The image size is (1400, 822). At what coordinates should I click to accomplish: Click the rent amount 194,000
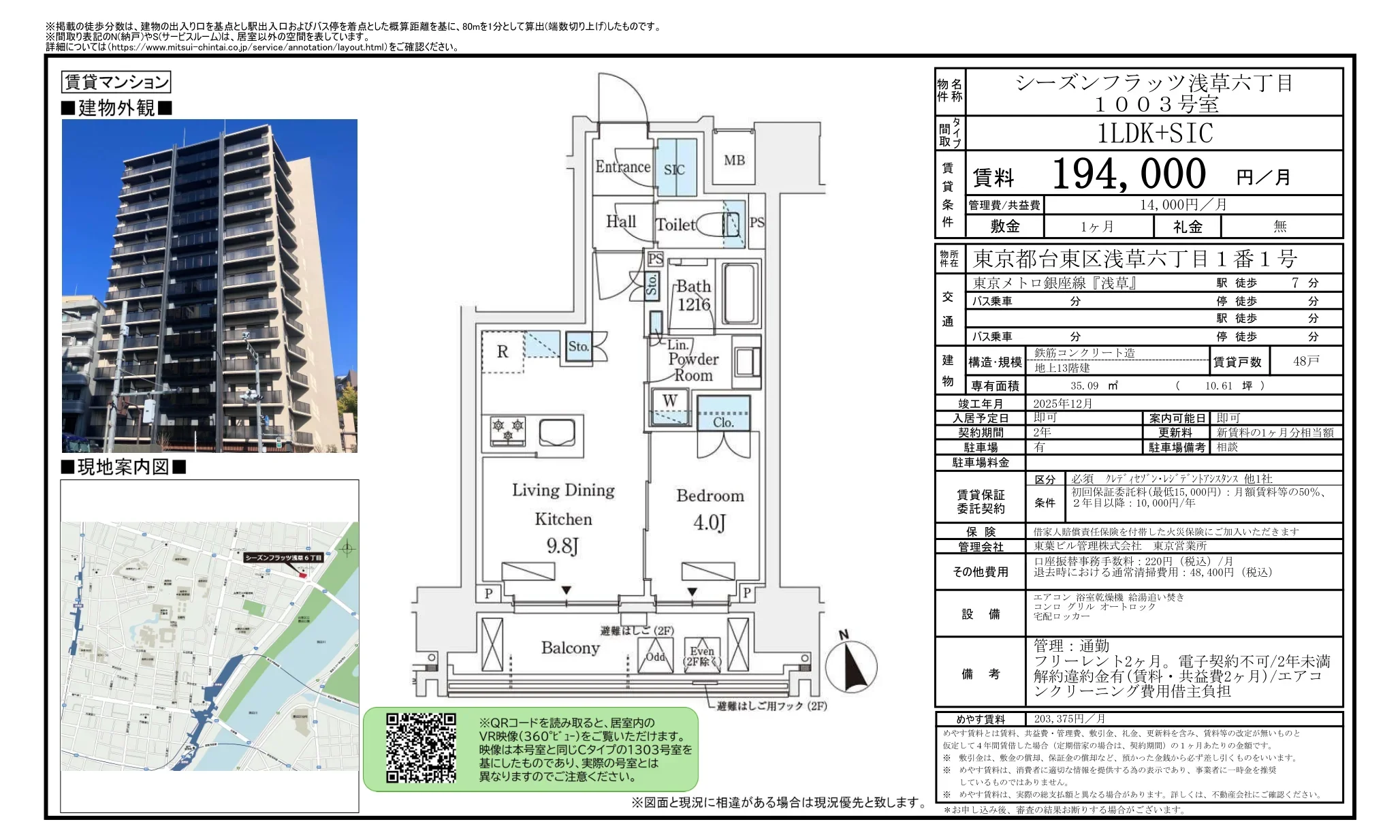pyautogui.click(x=1128, y=174)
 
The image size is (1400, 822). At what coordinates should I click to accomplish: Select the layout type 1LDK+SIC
pyautogui.click(x=1154, y=133)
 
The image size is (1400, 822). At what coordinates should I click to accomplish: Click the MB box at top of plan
pyautogui.click(x=734, y=161)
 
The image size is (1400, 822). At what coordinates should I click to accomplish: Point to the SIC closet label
pyautogui.click(x=674, y=170)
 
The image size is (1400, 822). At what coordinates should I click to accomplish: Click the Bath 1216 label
pyautogui.click(x=693, y=296)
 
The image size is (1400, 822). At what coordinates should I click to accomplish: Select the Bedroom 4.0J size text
pyautogui.click(x=709, y=523)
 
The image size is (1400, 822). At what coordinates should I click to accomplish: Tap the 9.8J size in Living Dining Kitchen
pyautogui.click(x=562, y=546)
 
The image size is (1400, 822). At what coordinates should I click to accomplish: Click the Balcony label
pyautogui.click(x=570, y=648)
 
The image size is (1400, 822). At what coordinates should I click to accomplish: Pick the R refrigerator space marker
pyautogui.click(x=503, y=352)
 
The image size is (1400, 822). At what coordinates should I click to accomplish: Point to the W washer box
pyautogui.click(x=670, y=401)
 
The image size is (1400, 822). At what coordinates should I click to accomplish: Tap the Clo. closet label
pyautogui.click(x=723, y=422)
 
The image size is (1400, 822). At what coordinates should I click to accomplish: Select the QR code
pyautogui.click(x=421, y=748)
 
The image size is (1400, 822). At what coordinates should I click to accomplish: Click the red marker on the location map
pyautogui.click(x=303, y=576)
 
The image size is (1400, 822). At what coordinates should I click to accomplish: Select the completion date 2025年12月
pyautogui.click(x=1062, y=404)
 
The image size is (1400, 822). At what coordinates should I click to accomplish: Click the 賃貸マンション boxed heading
pyautogui.click(x=116, y=82)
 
